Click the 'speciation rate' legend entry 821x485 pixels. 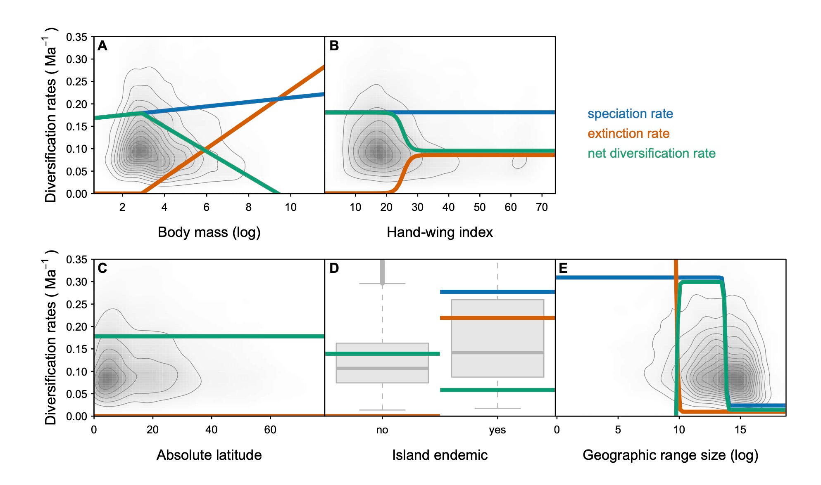pos(630,114)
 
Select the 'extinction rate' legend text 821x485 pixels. pos(628,134)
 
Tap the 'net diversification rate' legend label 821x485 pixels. pos(652,154)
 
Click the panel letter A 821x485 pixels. pos(102,46)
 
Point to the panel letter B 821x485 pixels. pos(334,46)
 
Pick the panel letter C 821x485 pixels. pos(102,269)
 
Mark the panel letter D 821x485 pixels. pos(334,269)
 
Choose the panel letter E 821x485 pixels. pos(563,269)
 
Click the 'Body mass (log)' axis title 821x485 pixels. pos(209,232)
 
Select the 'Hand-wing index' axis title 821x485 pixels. pos(440,232)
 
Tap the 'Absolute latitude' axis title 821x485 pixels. pos(209,455)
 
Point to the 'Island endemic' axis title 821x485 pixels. pos(440,455)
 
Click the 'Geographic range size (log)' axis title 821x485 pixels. pos(670,455)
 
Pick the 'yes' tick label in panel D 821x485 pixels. pos(497,430)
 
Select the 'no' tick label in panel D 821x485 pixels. pos(382,430)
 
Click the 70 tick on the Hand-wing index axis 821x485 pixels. pos(542,207)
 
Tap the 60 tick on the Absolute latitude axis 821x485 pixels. pos(270,430)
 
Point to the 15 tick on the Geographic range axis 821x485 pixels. pos(740,430)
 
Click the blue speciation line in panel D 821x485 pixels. pos(497,292)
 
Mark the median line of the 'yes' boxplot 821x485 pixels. pos(497,353)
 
